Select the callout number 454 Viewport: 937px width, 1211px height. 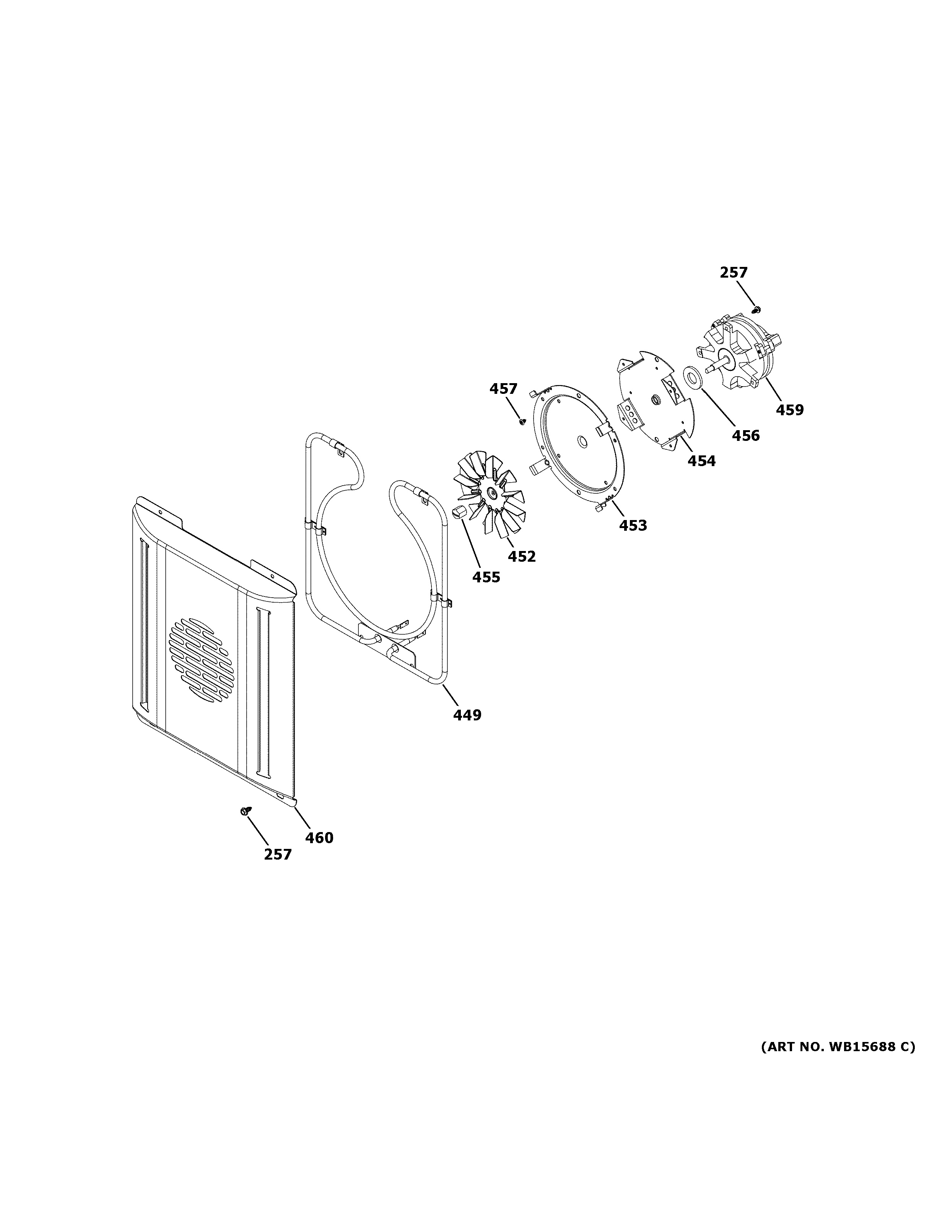tap(701, 460)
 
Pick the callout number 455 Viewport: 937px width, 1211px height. tap(486, 577)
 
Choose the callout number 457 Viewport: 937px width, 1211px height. tap(503, 389)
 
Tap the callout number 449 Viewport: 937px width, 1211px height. tap(467, 715)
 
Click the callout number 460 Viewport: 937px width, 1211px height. tap(319, 853)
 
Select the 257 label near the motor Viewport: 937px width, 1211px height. tap(734, 272)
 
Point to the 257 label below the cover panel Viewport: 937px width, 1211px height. tap(277, 870)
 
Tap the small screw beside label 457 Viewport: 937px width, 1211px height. tap(521, 421)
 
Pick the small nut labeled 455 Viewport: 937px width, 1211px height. tap(457, 511)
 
